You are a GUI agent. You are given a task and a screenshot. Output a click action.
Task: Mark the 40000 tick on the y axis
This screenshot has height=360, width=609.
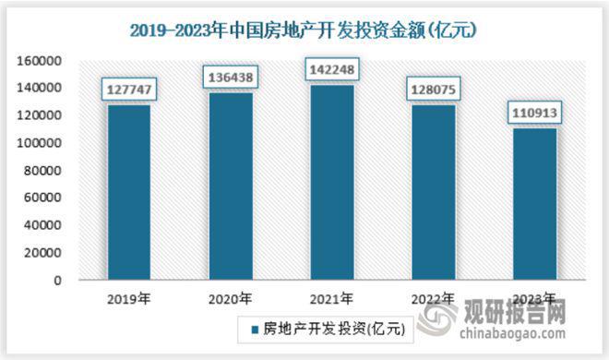click(x=42, y=225)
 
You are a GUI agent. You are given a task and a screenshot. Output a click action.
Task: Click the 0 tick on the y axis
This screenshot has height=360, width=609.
click(x=57, y=280)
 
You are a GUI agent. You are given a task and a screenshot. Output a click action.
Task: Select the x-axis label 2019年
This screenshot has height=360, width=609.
click(x=129, y=299)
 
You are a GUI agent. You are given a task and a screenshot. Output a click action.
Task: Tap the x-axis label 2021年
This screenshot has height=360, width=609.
click(x=331, y=299)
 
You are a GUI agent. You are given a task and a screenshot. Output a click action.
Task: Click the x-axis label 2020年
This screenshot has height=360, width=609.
click(x=231, y=299)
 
